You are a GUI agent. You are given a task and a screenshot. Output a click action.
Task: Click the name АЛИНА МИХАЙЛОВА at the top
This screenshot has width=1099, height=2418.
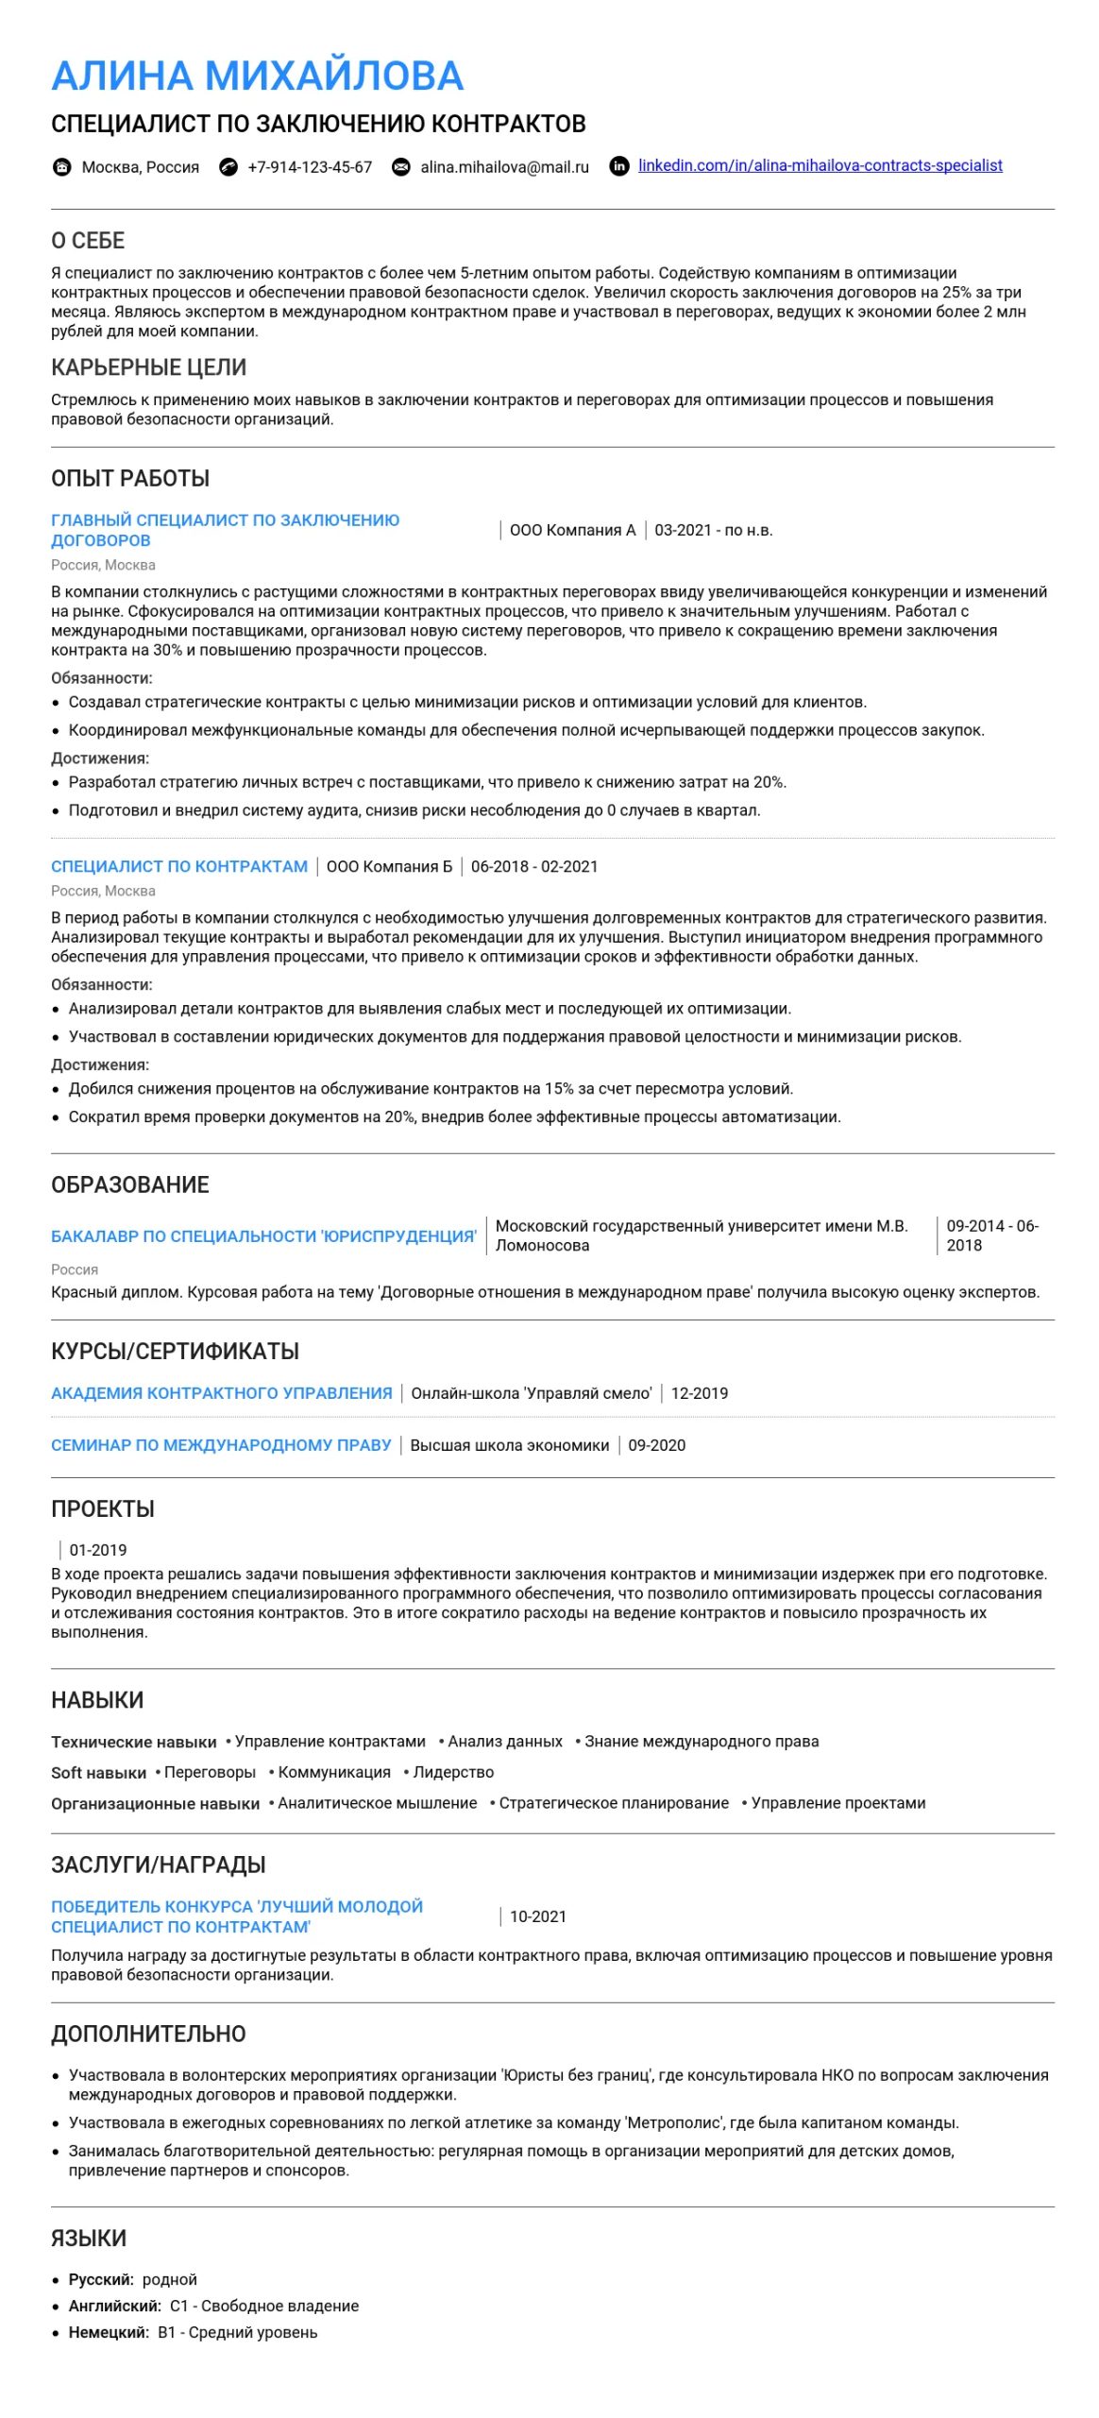click(257, 76)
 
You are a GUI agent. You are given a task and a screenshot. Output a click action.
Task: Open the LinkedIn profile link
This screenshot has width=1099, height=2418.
click(820, 165)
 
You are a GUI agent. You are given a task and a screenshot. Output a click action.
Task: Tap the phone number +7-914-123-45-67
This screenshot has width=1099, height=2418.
click(310, 167)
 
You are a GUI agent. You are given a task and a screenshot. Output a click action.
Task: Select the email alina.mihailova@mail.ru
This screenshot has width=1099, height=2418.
click(504, 167)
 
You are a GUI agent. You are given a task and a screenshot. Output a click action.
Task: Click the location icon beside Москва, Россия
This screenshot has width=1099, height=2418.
click(62, 167)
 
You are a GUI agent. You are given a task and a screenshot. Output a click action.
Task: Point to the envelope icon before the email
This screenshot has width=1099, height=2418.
click(401, 167)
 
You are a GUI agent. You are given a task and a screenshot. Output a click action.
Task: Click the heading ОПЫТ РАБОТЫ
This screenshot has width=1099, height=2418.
click(130, 478)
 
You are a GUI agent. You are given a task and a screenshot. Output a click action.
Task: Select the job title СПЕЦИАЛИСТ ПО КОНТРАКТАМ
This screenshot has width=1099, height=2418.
click(179, 866)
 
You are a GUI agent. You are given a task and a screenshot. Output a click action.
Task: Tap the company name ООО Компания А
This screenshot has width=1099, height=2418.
click(572, 530)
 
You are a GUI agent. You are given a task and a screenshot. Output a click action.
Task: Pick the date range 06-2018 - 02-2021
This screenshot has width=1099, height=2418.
click(534, 866)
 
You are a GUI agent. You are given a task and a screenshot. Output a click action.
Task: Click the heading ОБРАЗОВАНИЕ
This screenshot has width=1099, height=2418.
click(130, 1184)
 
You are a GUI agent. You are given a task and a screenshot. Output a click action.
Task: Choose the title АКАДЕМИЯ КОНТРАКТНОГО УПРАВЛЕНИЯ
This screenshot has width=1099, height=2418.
click(222, 1393)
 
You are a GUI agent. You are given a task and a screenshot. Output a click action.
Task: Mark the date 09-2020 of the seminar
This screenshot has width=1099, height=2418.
click(657, 1445)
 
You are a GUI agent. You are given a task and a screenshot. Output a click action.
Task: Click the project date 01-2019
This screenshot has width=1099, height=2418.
click(98, 1550)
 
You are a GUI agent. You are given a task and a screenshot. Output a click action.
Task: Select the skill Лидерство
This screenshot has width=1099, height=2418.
click(453, 1772)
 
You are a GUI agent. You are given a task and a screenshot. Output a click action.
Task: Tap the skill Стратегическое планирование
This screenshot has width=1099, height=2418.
click(614, 1803)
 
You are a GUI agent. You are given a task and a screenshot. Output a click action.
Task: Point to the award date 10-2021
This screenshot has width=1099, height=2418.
click(538, 1916)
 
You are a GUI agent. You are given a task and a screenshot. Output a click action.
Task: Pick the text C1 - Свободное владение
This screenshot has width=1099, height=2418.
click(264, 2306)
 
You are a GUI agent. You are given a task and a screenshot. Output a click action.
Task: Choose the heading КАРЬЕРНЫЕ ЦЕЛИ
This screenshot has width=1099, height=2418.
click(149, 367)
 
